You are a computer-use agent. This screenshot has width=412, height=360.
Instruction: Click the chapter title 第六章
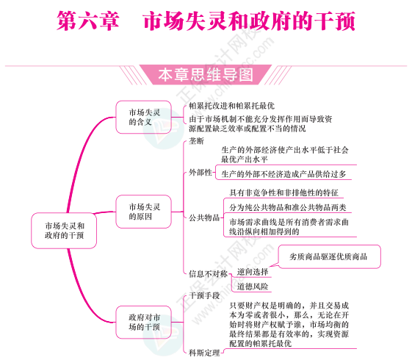click(x=88, y=21)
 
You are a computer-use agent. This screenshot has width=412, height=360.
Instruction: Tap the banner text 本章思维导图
click(x=206, y=75)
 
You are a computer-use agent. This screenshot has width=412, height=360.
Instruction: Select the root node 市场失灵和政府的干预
click(x=64, y=231)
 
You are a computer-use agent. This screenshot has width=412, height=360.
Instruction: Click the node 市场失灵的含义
click(x=143, y=117)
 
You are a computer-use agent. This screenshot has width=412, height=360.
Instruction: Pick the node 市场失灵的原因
click(x=143, y=212)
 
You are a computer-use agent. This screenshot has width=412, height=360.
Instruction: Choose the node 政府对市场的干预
click(x=143, y=322)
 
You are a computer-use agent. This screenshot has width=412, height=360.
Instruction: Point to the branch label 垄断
click(x=196, y=141)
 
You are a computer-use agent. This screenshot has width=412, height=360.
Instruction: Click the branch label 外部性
click(x=200, y=173)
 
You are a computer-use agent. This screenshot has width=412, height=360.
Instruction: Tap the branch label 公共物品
click(x=204, y=217)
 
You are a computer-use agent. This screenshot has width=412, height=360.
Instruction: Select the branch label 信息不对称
click(x=208, y=274)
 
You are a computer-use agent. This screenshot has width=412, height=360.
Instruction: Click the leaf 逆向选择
click(x=253, y=272)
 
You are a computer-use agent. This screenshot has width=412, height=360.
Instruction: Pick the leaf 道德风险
click(x=253, y=287)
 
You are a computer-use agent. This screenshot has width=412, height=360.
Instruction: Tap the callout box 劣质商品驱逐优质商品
click(x=329, y=256)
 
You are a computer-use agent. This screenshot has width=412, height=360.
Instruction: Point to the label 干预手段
click(x=204, y=295)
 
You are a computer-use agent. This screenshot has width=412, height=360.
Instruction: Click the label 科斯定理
click(x=204, y=353)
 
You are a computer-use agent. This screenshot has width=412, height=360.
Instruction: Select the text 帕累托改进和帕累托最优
click(x=232, y=106)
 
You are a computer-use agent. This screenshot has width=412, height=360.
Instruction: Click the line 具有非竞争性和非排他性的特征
click(x=283, y=193)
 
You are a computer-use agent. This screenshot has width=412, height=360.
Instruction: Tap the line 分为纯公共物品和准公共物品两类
click(x=288, y=208)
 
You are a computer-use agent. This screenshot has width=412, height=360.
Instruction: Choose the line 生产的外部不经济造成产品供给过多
click(x=283, y=174)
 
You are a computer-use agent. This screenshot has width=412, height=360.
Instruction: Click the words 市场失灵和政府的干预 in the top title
click(x=250, y=21)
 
